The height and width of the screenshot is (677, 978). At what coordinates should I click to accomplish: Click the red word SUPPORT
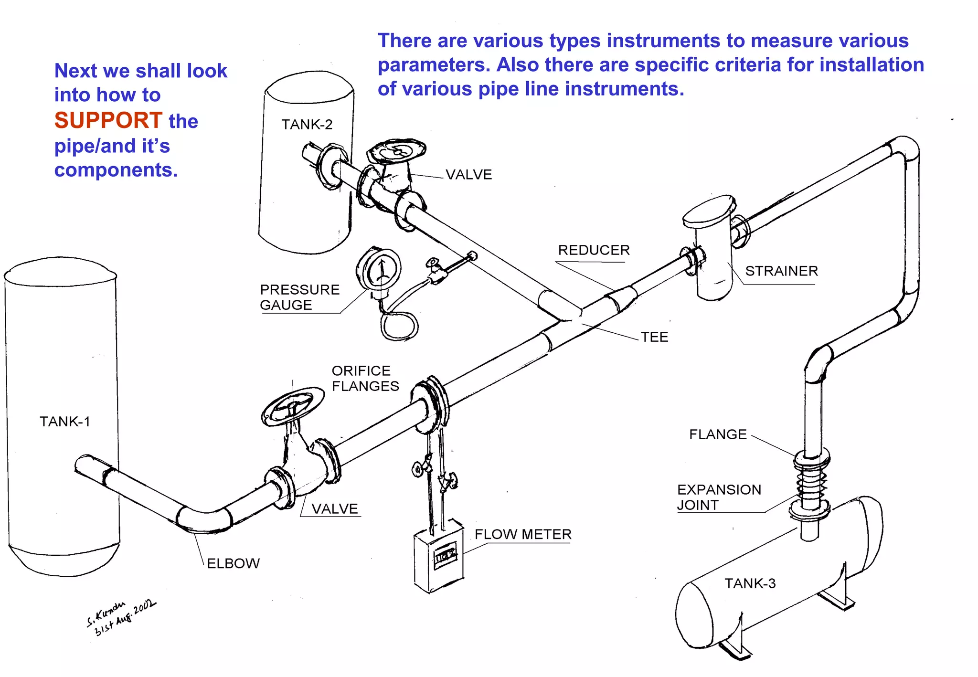(x=108, y=120)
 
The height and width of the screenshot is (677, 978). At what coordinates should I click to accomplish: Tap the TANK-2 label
(x=307, y=125)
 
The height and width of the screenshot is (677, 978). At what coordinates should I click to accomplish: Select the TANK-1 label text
(x=64, y=422)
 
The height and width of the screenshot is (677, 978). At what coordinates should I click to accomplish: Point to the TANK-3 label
(x=750, y=583)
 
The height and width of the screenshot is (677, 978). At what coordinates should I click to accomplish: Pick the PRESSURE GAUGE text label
(x=299, y=297)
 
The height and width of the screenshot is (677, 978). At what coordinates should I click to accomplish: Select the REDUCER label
(x=594, y=250)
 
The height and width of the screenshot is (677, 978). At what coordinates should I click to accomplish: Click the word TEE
(x=654, y=337)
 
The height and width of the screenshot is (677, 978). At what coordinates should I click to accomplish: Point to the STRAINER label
(x=781, y=271)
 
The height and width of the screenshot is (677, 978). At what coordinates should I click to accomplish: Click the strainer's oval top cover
(x=709, y=212)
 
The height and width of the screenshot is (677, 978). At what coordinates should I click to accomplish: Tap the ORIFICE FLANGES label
(x=365, y=378)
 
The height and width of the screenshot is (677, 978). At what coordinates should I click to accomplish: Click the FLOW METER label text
(x=523, y=534)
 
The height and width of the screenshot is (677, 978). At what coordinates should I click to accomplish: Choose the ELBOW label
(x=233, y=563)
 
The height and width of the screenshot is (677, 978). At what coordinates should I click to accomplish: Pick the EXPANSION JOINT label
(x=719, y=497)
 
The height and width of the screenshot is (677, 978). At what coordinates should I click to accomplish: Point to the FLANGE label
(x=718, y=434)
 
